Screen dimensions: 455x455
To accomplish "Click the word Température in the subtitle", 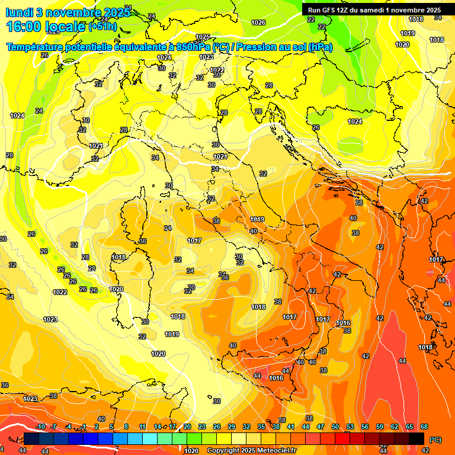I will pos(36,47).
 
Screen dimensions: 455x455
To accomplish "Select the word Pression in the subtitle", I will pos(259,47).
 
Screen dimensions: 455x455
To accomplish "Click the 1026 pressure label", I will pos(258,23).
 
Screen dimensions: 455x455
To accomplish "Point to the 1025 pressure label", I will pos(203,37).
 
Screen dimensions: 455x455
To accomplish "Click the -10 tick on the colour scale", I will pos(40,427).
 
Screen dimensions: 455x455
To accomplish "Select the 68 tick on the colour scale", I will pos(424,427).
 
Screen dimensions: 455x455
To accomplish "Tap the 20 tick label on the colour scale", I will pos(187,427).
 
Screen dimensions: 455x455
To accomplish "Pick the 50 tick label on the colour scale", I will pos(335,427).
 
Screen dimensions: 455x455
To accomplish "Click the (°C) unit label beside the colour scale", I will pos(435,439).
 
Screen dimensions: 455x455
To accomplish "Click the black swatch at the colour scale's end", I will pos(416,438).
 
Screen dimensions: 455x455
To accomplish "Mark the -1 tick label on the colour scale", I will pos(84,427).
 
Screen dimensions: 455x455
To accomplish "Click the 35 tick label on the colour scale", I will pos(261,427).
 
